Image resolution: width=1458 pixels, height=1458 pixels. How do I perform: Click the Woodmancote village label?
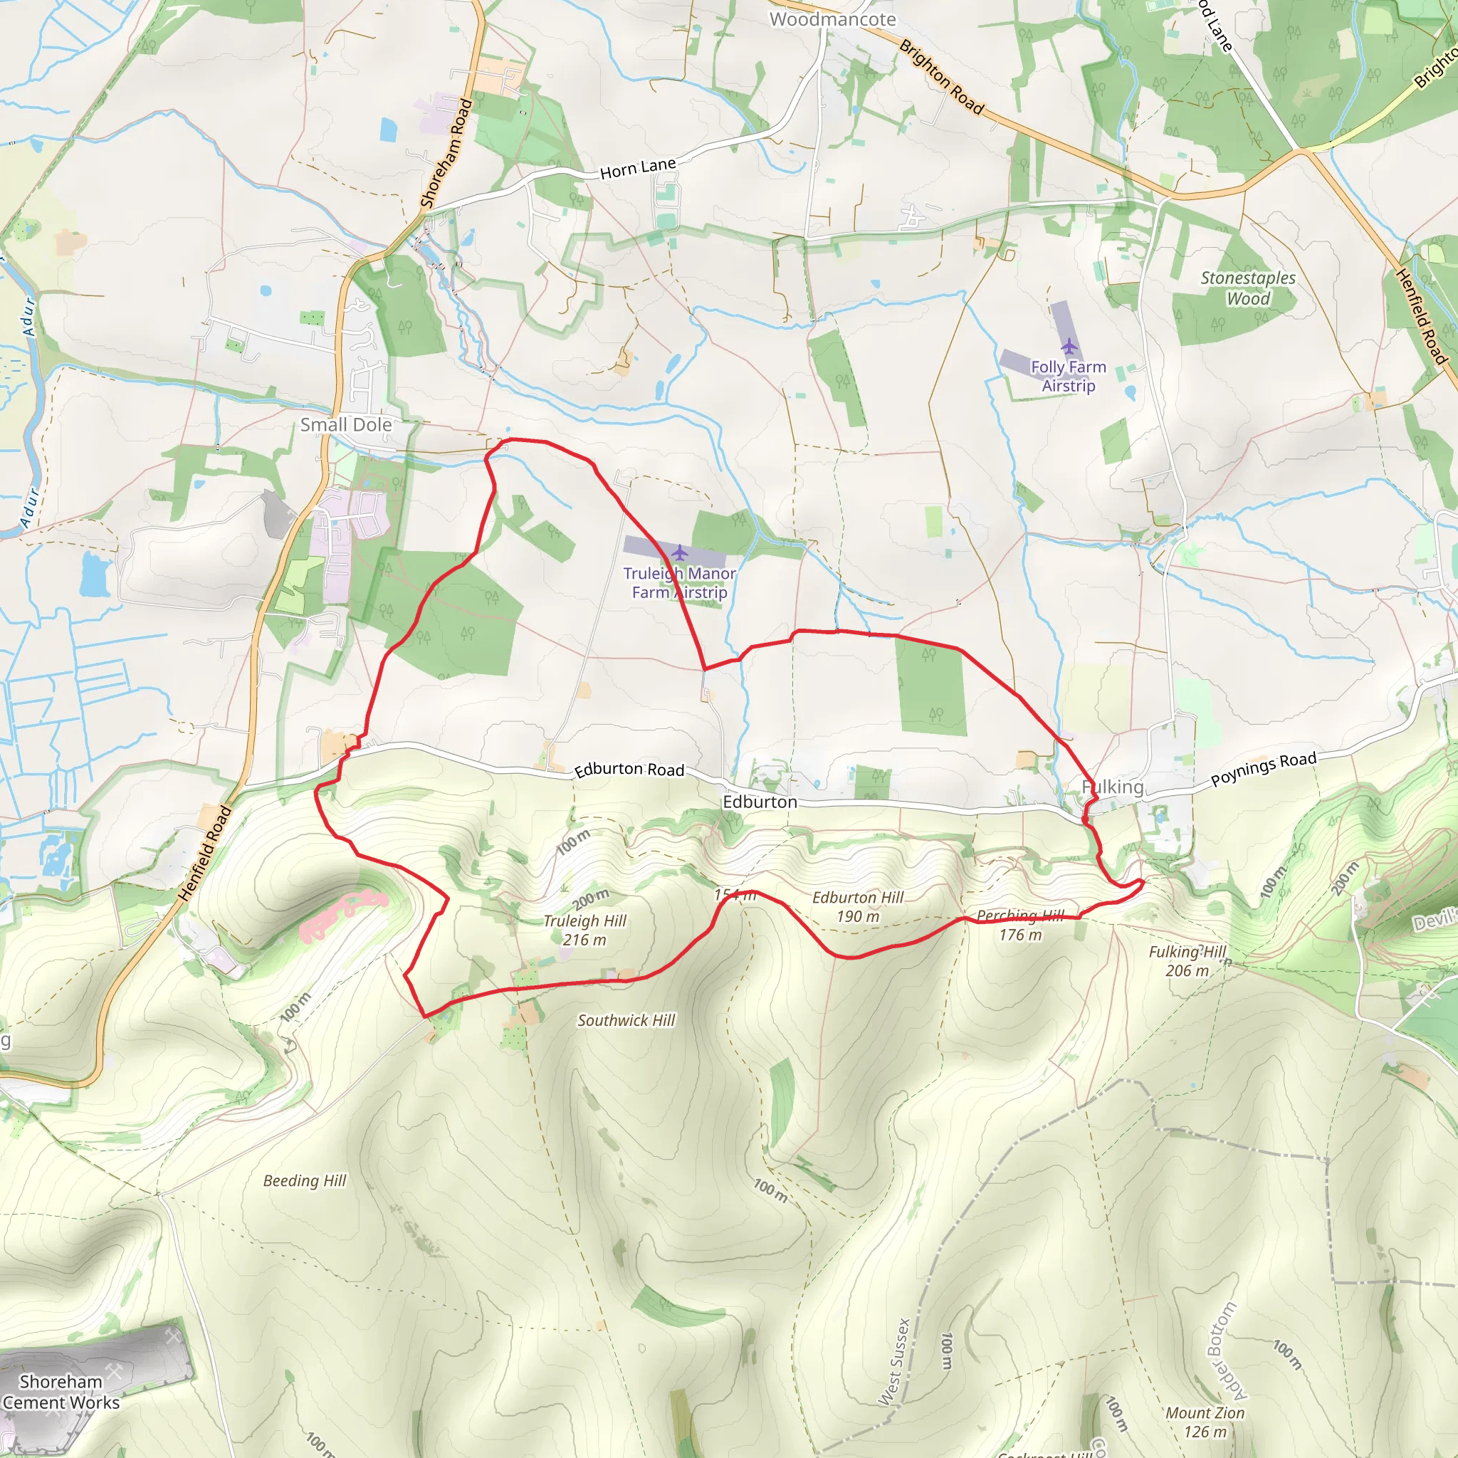[832, 20]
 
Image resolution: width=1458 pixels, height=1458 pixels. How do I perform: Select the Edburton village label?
[759, 802]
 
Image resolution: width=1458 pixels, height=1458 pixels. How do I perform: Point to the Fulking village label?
[1113, 787]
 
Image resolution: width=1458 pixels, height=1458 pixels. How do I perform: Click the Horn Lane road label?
[638, 168]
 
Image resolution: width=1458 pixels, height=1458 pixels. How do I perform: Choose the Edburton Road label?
[629, 770]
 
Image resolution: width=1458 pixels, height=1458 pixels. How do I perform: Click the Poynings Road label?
[1264, 769]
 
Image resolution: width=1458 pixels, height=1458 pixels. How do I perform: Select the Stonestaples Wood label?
[1247, 288]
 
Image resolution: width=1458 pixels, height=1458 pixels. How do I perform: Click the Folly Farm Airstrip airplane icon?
[1069, 347]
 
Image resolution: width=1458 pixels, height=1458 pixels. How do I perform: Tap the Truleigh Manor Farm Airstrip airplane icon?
[679, 553]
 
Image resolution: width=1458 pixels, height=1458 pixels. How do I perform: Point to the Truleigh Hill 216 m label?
[585, 930]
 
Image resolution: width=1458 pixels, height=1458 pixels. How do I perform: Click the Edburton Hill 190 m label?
[857, 907]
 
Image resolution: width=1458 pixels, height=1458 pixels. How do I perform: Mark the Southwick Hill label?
[626, 1020]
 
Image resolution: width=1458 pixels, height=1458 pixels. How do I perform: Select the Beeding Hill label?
[304, 1181]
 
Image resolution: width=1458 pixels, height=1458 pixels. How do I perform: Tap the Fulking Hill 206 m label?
[1187, 961]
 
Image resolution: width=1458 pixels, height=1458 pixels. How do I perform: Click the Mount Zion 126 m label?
[1205, 1422]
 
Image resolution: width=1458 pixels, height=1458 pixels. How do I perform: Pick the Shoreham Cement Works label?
[61, 1392]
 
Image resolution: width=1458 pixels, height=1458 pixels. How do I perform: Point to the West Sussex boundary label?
[894, 1362]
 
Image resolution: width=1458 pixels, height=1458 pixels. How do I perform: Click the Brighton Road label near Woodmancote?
[942, 78]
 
